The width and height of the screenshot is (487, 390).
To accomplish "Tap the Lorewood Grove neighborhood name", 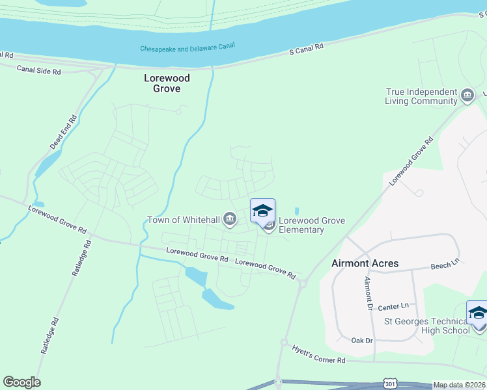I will pos(167,83).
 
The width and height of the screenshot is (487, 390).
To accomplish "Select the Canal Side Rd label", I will pos(38,69).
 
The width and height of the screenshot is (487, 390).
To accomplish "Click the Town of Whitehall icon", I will pos(229,220).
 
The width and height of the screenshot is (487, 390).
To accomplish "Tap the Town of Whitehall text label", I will pos(184,220).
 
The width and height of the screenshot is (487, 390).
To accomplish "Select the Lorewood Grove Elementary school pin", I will pos(262,211).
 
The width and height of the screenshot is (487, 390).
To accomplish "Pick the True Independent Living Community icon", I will pos(467,97).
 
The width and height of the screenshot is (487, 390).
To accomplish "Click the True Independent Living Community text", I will pos(421,97).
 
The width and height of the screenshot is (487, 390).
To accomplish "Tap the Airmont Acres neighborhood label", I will pos(365,263).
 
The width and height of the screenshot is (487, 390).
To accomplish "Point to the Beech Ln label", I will pos(445,265).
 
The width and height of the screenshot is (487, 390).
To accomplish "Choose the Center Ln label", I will pos(393,305).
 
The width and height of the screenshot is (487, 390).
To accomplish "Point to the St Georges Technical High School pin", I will pos(477,313).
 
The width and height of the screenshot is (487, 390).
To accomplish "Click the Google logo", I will pos(21,382).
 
